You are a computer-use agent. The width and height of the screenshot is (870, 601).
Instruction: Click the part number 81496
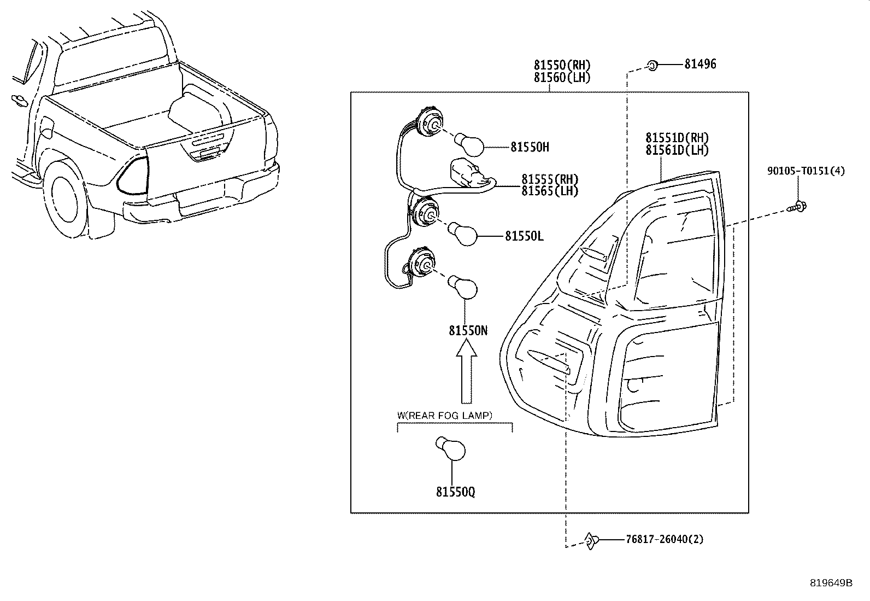pos(700,65)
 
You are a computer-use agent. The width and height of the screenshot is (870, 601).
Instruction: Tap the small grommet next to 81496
pos(652,66)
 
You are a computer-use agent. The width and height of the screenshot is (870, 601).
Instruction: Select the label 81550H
pos(530,147)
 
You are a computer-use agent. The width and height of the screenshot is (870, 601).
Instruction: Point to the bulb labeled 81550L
pos(465,234)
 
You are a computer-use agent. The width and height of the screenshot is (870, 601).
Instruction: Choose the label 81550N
pos(468,331)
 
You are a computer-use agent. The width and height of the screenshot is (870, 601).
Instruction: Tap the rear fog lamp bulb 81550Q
pos(451,450)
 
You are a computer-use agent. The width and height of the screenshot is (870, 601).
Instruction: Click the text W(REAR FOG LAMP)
pos(444,416)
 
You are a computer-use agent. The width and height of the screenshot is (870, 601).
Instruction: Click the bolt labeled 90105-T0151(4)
pos(799,207)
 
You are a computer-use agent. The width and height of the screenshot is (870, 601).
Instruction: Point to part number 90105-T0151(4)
pos(806,171)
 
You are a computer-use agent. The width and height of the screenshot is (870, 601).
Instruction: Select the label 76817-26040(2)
pos(665,540)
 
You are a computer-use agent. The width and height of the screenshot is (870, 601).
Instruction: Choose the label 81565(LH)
pos(549,191)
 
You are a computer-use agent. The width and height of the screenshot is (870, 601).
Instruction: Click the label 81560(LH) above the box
pos(562,78)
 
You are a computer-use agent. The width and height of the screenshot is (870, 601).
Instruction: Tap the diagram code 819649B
pos(831,583)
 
